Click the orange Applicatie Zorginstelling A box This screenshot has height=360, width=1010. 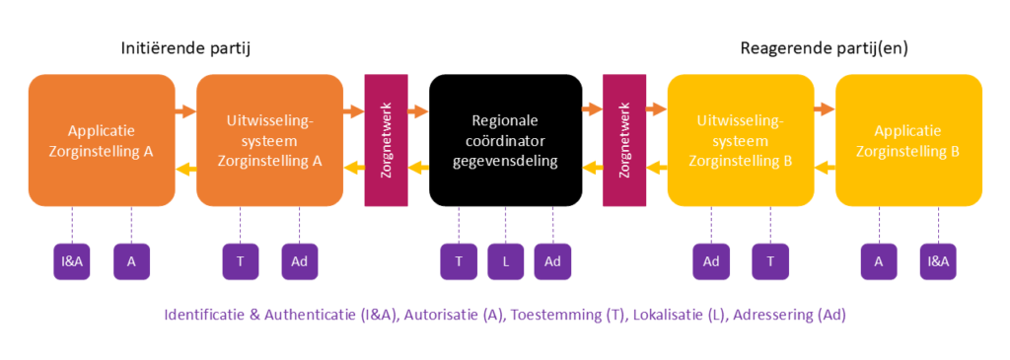[x=102, y=140]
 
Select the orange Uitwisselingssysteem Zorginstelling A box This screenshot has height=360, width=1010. [x=269, y=140]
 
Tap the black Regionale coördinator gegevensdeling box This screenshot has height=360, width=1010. [x=505, y=140]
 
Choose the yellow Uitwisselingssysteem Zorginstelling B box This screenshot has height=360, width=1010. [x=741, y=140]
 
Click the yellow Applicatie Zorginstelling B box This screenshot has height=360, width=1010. [x=908, y=140]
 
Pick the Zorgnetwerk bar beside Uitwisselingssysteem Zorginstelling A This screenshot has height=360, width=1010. [x=386, y=140]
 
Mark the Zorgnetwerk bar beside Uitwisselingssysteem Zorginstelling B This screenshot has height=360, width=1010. [x=623, y=140]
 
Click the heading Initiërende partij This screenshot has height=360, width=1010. [x=183, y=48]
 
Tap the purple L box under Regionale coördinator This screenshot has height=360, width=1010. [x=505, y=261]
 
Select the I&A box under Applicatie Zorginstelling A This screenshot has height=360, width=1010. [x=72, y=261]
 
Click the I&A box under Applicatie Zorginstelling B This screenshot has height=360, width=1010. [x=938, y=261]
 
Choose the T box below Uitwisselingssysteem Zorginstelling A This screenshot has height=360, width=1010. [x=240, y=261]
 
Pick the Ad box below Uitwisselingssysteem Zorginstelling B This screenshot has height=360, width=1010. [x=711, y=261]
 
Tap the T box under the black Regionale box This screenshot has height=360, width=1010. [x=458, y=261]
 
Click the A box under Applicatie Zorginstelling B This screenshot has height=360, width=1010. [x=878, y=261]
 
